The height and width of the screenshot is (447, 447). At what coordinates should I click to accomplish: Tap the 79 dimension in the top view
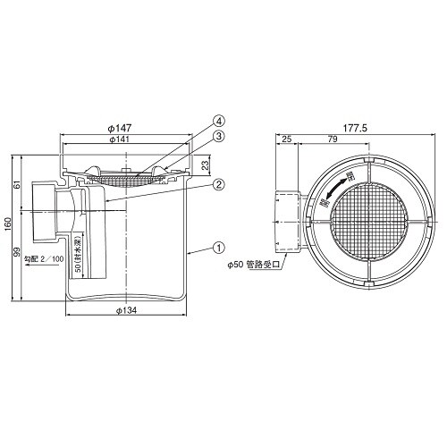[x=331, y=140]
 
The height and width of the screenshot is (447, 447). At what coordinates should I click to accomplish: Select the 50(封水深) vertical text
[x=80, y=265]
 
